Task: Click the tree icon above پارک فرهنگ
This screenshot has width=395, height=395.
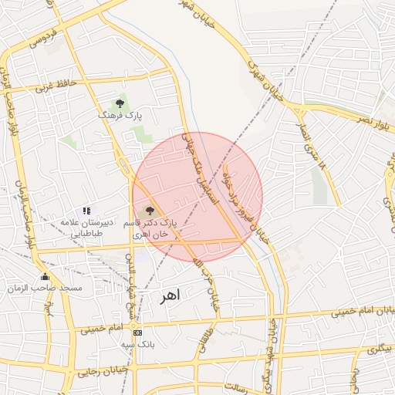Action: click(x=120, y=102)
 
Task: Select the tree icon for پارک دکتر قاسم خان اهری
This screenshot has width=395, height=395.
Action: click(x=150, y=210)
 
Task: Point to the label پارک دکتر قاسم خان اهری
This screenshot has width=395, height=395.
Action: click(x=155, y=228)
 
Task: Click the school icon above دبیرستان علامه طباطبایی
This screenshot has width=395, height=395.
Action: click(x=87, y=210)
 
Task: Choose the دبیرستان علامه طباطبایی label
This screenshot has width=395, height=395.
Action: click(x=87, y=227)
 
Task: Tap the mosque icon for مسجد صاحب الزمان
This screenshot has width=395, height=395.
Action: click(x=45, y=276)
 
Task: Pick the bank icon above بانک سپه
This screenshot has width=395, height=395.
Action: click(x=137, y=333)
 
